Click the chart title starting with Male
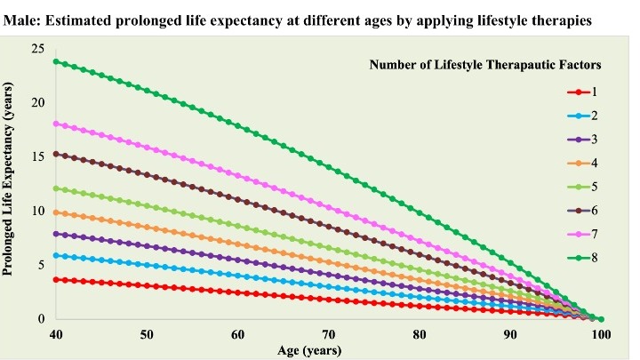point(319,19)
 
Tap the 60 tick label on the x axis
point(237,333)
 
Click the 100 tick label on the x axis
point(601,333)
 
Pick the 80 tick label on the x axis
point(420,333)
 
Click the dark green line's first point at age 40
point(56,61)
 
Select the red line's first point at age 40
point(56,279)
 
